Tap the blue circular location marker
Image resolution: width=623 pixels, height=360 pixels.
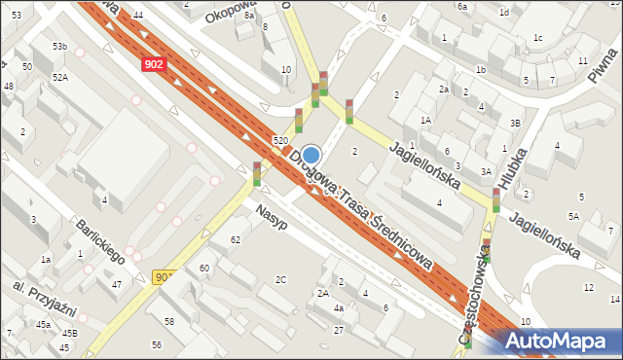(311, 155)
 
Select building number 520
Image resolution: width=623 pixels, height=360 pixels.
(280, 142)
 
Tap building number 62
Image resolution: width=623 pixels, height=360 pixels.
(235, 239)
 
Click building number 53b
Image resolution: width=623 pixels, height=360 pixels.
(60, 47)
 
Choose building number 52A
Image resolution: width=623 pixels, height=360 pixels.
(60, 77)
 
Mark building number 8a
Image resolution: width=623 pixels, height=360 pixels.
(250, 16)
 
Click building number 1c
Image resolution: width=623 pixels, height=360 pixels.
(537, 37)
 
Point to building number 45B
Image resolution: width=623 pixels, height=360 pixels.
(70, 334)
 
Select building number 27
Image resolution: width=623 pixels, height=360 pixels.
(339, 331)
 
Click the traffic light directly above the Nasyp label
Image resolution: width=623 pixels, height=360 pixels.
(257, 173)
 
